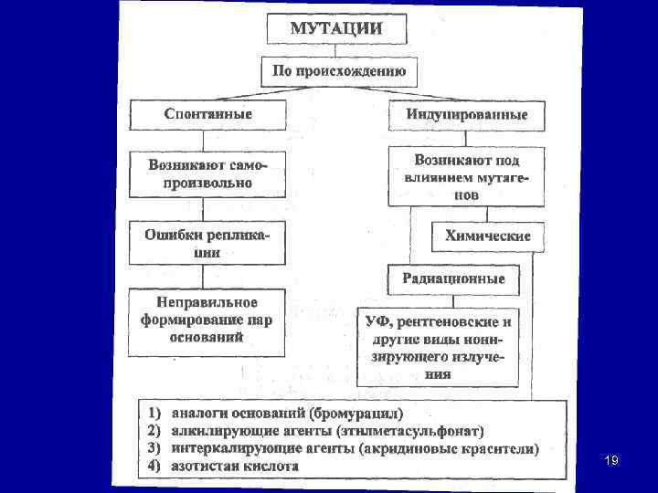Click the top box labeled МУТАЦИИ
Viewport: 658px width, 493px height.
[336, 28]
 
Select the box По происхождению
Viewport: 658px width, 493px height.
[339, 72]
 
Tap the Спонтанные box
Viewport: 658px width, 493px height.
[207, 115]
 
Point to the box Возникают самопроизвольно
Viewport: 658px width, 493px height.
[207, 173]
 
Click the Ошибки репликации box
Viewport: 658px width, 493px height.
[207, 242]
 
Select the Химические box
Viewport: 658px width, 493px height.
[488, 236]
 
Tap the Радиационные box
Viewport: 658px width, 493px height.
[453, 279]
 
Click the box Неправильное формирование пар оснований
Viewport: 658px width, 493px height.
[206, 320]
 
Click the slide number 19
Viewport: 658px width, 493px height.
[611, 461]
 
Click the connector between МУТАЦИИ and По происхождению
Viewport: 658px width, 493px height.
[336, 50]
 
